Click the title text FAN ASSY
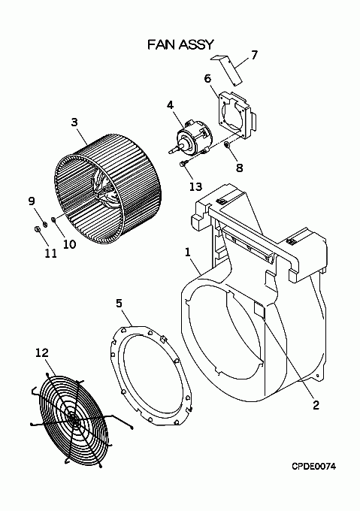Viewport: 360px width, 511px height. tap(180, 44)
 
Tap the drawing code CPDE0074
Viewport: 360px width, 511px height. tap(313, 467)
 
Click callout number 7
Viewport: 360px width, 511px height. tap(254, 55)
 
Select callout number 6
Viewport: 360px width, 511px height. tap(207, 79)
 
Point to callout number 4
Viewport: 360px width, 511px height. tap(170, 105)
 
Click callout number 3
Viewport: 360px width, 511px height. tap(74, 122)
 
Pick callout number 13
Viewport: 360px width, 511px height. tap(195, 186)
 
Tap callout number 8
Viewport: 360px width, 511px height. tap(240, 168)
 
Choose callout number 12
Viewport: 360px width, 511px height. tap(41, 352)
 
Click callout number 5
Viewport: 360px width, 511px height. tap(119, 303)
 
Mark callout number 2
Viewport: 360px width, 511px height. tap(316, 405)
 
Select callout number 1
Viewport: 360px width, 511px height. tap(187, 252)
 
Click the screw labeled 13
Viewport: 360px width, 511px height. tap(183, 163)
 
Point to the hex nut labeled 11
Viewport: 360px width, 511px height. tap(37, 229)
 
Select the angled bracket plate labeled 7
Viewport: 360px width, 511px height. tap(229, 69)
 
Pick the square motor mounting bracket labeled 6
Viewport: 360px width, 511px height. tap(237, 113)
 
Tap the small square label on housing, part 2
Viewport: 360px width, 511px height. tap(260, 310)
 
